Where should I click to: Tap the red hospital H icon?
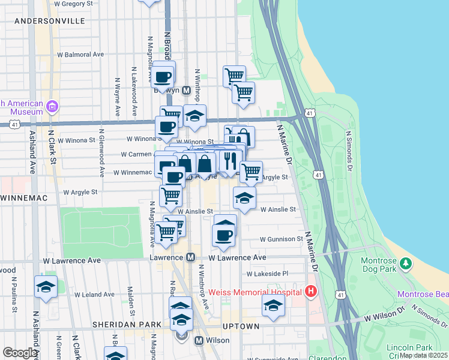310,292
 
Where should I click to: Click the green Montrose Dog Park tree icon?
406,263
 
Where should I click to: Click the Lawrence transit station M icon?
190,257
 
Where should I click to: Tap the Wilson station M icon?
199,340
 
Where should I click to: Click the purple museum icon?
52,107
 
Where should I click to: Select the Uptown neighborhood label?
241,326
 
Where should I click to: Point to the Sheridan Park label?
127,325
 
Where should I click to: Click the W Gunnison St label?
282,239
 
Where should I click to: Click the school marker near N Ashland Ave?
46,287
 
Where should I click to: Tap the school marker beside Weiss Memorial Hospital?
273,306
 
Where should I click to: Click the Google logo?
20,353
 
